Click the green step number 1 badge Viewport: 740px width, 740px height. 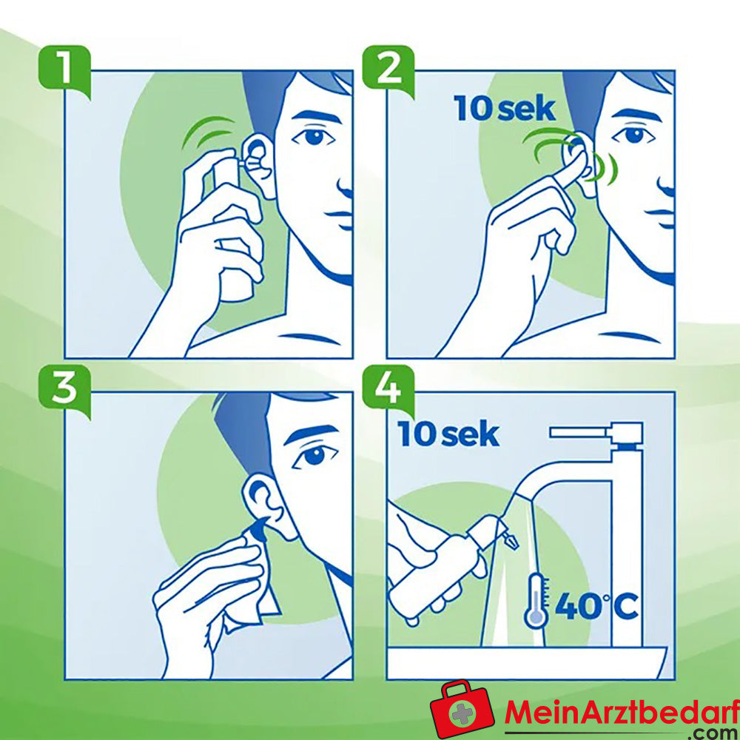pos(65,70)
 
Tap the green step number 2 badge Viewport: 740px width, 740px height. pos(388,70)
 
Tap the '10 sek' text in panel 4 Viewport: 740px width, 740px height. pos(448,434)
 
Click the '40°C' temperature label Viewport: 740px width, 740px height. pos(596,607)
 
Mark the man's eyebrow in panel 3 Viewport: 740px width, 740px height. pos(311,432)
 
